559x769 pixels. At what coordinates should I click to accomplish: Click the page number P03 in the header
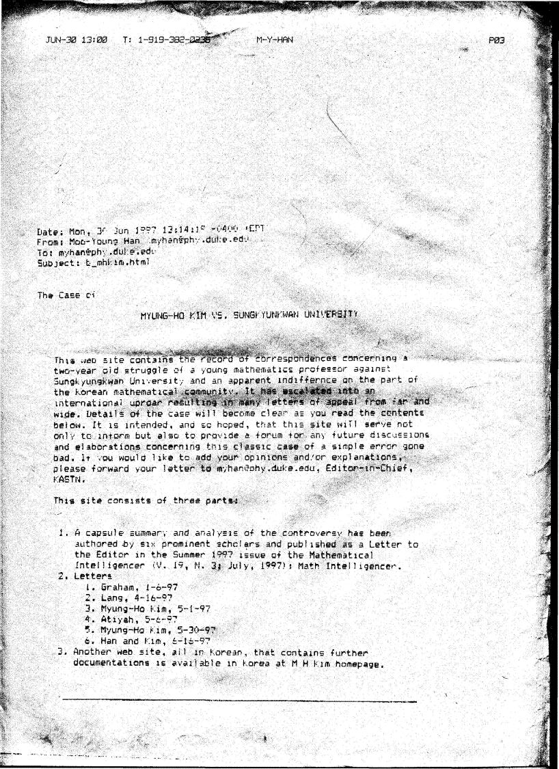pos(497,40)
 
